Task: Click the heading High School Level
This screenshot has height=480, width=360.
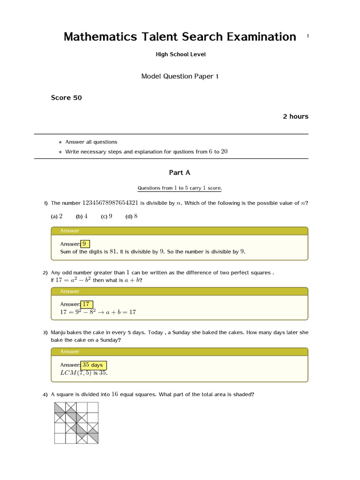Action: coord(180,54)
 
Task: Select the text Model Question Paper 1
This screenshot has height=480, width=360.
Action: coord(180,76)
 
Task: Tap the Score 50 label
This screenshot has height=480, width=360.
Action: coord(66,98)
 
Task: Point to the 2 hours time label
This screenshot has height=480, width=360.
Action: coord(295,117)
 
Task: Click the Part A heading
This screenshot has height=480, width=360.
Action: coord(180,172)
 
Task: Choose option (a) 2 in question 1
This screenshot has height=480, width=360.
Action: coord(57,217)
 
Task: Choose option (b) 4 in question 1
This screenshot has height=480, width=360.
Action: coord(82,217)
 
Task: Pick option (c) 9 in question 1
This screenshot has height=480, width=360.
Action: coord(106,217)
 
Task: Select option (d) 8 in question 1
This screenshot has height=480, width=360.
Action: coord(131,217)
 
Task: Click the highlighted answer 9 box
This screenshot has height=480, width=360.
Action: coord(85,244)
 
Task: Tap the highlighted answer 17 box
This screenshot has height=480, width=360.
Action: coord(86,304)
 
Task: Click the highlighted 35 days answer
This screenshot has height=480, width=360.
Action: coord(93,365)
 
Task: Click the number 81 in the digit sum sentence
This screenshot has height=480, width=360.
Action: coord(113,252)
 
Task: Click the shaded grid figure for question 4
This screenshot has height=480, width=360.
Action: coord(76,422)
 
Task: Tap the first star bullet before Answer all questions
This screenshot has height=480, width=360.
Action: coord(60,142)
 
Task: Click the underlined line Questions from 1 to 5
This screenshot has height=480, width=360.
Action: coord(180,188)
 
